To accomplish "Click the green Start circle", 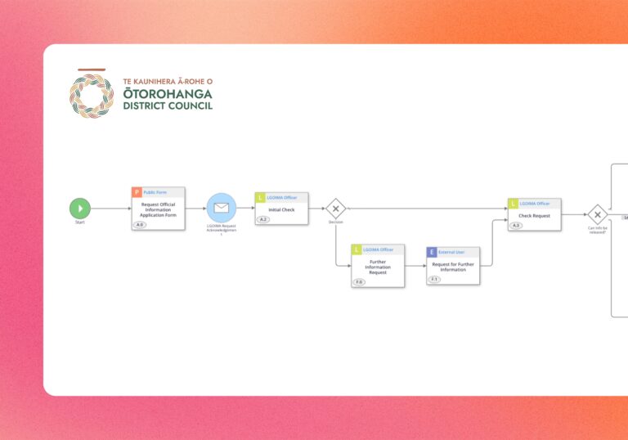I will tap(80, 209).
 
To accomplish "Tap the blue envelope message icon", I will tap(221, 208).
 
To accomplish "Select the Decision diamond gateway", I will tap(335, 209).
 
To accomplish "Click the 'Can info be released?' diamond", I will tap(598, 215).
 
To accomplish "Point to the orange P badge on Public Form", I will tap(137, 192).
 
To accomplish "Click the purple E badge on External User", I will tap(432, 252).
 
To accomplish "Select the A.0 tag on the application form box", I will tap(140, 225).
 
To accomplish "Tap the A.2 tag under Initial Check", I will tap(263, 219).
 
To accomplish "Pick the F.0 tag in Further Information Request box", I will tap(359, 282).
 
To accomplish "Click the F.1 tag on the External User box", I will tap(434, 280).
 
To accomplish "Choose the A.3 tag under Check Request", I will tap(516, 226).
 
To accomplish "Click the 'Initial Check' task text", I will tap(281, 209).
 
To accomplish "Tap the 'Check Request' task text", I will tap(535, 216).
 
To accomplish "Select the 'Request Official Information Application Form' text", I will tap(158, 209).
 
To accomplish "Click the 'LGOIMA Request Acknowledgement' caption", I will tap(221, 230).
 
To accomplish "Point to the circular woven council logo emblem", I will tap(92, 95).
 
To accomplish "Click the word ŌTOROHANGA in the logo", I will tap(167, 93).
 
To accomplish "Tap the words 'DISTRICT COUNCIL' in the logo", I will tap(168, 106).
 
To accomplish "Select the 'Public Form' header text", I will tap(155, 192).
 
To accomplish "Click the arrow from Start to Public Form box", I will tap(110, 209).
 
